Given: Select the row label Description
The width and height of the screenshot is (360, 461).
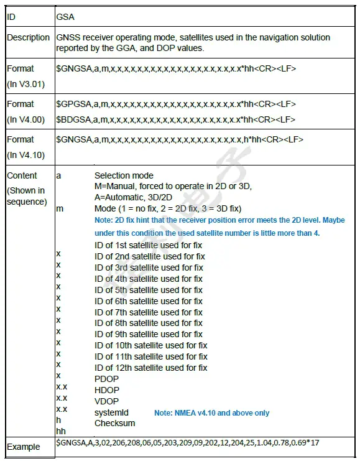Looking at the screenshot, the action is pos(28,37).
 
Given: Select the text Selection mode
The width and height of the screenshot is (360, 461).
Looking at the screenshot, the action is pos(124,175).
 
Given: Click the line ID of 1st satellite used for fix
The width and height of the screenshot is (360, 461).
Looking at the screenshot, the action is pos(149,245).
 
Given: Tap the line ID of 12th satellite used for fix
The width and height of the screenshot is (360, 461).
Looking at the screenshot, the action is pos(151,368).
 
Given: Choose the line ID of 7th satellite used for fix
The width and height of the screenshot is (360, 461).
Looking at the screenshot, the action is pos(149,312).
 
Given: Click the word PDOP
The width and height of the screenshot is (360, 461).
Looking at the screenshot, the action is pos(107,379).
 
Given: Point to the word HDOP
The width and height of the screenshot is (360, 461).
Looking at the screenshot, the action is pos(107,390).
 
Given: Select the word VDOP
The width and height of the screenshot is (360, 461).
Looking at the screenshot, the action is pos(107,401).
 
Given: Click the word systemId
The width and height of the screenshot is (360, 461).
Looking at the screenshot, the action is pos(111,412).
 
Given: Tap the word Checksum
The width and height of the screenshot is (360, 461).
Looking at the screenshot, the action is pos(114,423).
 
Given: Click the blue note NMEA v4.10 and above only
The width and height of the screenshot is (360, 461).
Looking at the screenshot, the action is pos(212,412).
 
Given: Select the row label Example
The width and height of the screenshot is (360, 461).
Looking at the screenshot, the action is pos(23,447).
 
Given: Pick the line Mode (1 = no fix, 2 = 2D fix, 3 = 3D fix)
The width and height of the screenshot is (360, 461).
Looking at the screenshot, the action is pos(168,208).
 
